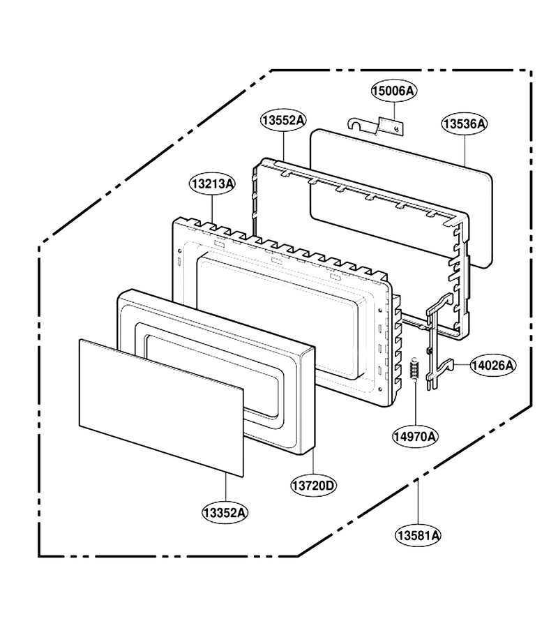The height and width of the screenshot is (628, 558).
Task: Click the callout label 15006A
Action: click(x=393, y=91)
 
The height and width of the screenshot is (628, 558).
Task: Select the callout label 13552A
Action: click(x=283, y=119)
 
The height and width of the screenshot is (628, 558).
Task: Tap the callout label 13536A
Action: click(x=465, y=124)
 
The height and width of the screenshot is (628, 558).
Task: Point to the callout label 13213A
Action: click(x=212, y=184)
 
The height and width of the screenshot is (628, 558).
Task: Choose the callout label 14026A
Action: click(x=493, y=365)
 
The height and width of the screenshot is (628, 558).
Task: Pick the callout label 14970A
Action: click(x=415, y=436)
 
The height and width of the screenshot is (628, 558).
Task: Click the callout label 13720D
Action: click(x=313, y=486)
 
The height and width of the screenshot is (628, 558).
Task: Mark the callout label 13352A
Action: click(x=225, y=512)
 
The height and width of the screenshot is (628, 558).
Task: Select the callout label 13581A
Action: click(x=418, y=535)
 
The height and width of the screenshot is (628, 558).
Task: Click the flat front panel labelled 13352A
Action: click(x=161, y=408)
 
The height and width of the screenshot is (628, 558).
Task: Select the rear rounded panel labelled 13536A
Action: click(x=402, y=198)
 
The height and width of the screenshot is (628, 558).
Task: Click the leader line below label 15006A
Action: click(x=394, y=110)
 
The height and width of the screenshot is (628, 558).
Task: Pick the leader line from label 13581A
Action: click(x=418, y=502)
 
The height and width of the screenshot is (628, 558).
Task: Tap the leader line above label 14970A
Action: click(x=415, y=404)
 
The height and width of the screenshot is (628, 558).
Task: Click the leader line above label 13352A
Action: click(x=226, y=488)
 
